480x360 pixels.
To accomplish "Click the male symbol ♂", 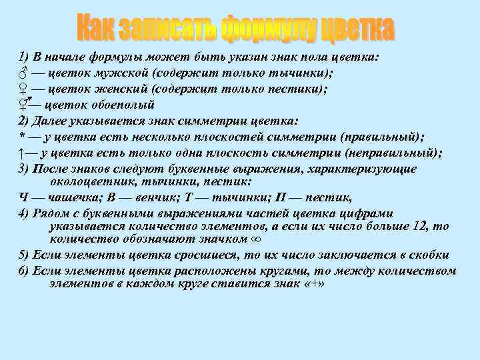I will tap(23, 73).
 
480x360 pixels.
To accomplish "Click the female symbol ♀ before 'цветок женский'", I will tap(23, 89).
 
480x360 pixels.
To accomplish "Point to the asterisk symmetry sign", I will tap(21, 137).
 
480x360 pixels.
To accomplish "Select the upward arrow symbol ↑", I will tap(21, 153).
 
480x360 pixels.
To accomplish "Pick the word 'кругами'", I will tap(251, 271).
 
